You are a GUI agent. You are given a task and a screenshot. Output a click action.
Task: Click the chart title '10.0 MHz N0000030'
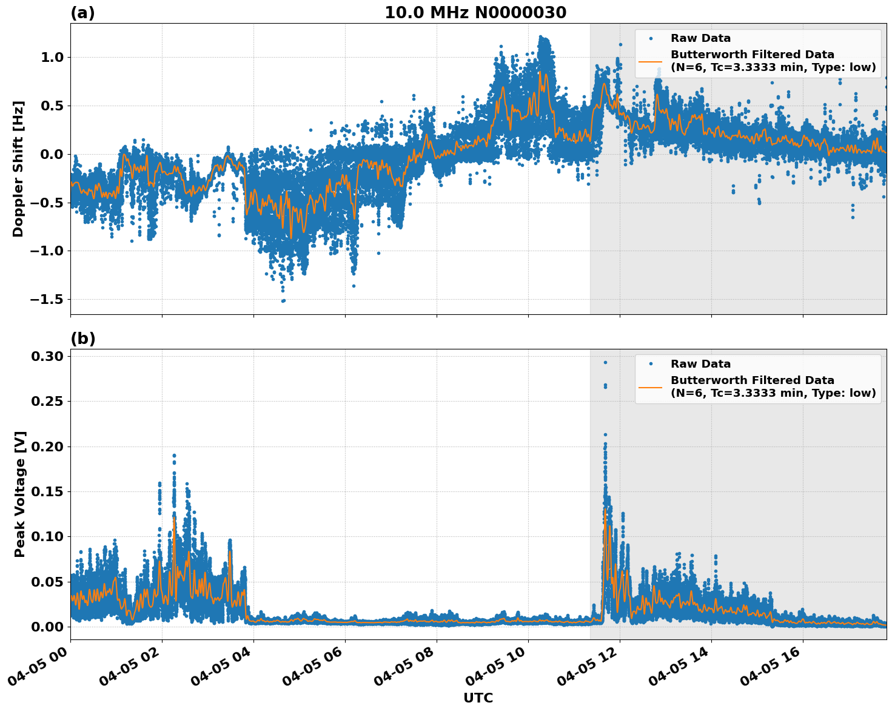475,13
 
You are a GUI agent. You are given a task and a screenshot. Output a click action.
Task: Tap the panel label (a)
82,13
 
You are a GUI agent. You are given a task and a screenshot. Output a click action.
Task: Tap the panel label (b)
82,339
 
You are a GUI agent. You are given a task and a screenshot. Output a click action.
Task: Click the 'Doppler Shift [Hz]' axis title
18,169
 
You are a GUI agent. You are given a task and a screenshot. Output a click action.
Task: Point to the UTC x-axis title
478,698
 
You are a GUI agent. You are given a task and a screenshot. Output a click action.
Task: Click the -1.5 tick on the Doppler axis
45,300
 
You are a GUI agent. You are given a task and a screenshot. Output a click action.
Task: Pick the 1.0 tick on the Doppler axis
51,58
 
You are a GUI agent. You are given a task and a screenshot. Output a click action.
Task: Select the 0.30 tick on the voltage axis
48,356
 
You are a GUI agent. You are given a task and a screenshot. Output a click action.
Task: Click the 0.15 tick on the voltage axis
48,491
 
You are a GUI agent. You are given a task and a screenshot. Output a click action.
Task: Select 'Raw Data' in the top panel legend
700,38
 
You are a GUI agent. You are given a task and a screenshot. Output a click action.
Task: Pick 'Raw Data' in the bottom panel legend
700,364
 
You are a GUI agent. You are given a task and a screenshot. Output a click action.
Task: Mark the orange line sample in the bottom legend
651,387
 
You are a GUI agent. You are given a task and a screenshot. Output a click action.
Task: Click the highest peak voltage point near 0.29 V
605,362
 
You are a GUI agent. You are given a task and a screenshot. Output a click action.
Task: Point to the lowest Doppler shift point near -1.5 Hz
283,301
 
